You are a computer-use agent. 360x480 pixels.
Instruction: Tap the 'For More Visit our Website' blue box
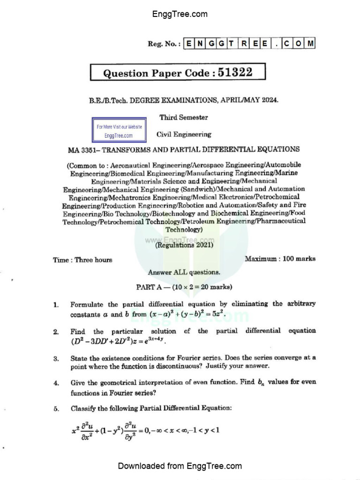(x=119, y=131)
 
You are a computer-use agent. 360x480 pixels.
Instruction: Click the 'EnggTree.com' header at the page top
(x=180, y=14)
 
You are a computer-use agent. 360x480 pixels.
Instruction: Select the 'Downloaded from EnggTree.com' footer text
(x=180, y=466)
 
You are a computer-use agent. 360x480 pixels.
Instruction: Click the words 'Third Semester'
(x=183, y=117)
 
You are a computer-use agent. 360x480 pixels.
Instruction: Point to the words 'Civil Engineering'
(x=184, y=135)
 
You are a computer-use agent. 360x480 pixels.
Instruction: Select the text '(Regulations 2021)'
(x=185, y=245)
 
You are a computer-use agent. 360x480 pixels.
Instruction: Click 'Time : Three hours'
(x=82, y=260)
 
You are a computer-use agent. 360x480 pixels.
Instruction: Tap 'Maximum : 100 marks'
(x=280, y=258)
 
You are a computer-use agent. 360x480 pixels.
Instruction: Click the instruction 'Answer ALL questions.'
(x=184, y=272)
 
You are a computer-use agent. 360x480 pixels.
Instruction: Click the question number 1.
(x=56, y=305)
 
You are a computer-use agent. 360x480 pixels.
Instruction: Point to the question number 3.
(x=56, y=359)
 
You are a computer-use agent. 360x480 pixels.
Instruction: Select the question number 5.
(x=56, y=408)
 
